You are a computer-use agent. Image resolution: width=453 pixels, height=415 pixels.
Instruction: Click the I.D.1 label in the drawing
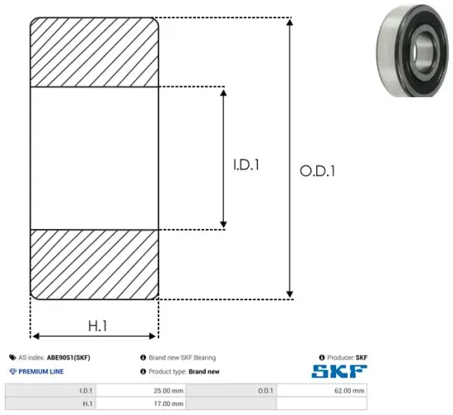pyautogui.click(x=246, y=165)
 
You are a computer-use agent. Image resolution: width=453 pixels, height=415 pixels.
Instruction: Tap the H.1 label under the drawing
pyautogui.click(x=95, y=326)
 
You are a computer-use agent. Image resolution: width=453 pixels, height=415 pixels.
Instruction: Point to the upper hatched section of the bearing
pyautogui.click(x=94, y=51)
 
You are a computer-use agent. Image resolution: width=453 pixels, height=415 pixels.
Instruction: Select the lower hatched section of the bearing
pyautogui.click(x=94, y=263)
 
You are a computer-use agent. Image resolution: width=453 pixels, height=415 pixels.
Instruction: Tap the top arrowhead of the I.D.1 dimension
pyautogui.click(x=223, y=90)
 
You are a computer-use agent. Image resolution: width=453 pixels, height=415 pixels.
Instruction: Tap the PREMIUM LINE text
pyautogui.click(x=41, y=372)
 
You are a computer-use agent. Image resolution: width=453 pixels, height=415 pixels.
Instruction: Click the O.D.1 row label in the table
pyautogui.click(x=265, y=390)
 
